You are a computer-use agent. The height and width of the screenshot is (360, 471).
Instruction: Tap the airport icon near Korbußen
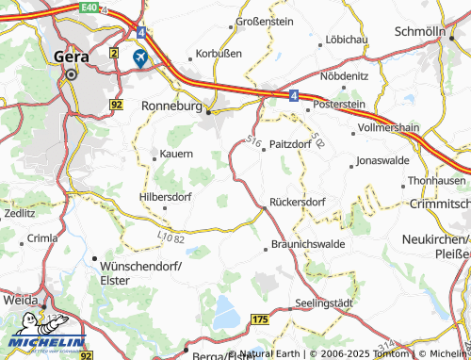click(140, 58)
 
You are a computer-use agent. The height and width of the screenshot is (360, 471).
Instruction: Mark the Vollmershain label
click(399, 124)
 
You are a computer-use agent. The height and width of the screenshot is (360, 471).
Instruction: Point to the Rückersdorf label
click(298, 202)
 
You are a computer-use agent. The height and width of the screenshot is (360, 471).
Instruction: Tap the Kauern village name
click(176, 154)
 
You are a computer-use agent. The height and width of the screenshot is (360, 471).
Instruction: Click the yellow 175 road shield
click(259, 321)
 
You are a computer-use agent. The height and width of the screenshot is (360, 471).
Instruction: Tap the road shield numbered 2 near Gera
click(114, 53)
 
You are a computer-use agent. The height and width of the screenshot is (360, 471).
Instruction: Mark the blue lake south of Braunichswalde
click(224, 308)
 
